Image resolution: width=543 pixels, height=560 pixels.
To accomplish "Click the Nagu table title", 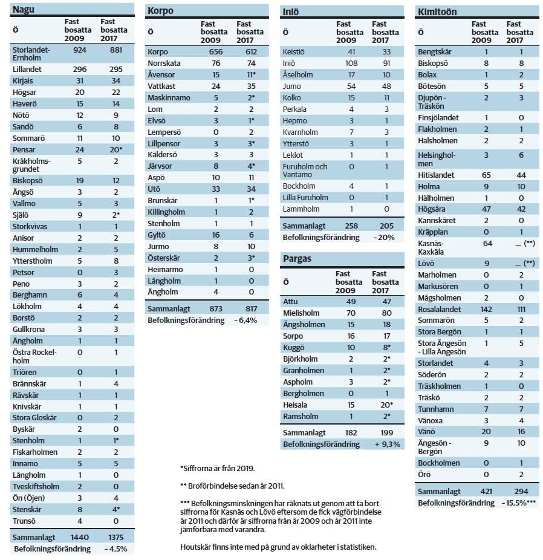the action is tap(24, 9).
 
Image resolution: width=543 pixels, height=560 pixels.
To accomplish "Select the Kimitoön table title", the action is tap(437, 11).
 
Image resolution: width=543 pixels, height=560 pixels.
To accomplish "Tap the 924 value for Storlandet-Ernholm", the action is tap(80, 50).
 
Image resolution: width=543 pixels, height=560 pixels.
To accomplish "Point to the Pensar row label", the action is tap(24, 149).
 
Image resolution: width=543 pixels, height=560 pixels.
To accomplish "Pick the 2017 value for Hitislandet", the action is tap(521, 175).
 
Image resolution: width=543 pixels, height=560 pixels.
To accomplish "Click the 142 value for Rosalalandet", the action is tap(486, 309).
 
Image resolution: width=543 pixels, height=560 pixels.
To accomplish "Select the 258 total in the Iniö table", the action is tap(351, 226).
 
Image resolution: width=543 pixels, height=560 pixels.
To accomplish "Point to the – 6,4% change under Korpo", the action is tap(245, 321).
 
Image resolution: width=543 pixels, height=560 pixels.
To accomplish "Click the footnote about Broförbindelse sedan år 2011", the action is tap(232, 486).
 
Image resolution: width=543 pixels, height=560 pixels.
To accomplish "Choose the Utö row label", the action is tap(154, 189).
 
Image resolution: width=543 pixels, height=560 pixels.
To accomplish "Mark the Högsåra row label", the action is tap(432, 209).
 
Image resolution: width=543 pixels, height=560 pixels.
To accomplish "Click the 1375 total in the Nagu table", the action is tap(115, 537).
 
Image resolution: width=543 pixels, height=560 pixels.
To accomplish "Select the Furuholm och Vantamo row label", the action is tap(305, 171).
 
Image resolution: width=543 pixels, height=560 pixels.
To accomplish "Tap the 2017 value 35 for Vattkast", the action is tap(251, 86).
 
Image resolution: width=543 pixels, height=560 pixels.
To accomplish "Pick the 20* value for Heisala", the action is tap(386, 405).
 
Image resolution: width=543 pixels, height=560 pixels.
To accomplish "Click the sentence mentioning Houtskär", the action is tap(278, 547).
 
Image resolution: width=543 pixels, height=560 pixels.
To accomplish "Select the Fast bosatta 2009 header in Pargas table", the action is tap(349, 282).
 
